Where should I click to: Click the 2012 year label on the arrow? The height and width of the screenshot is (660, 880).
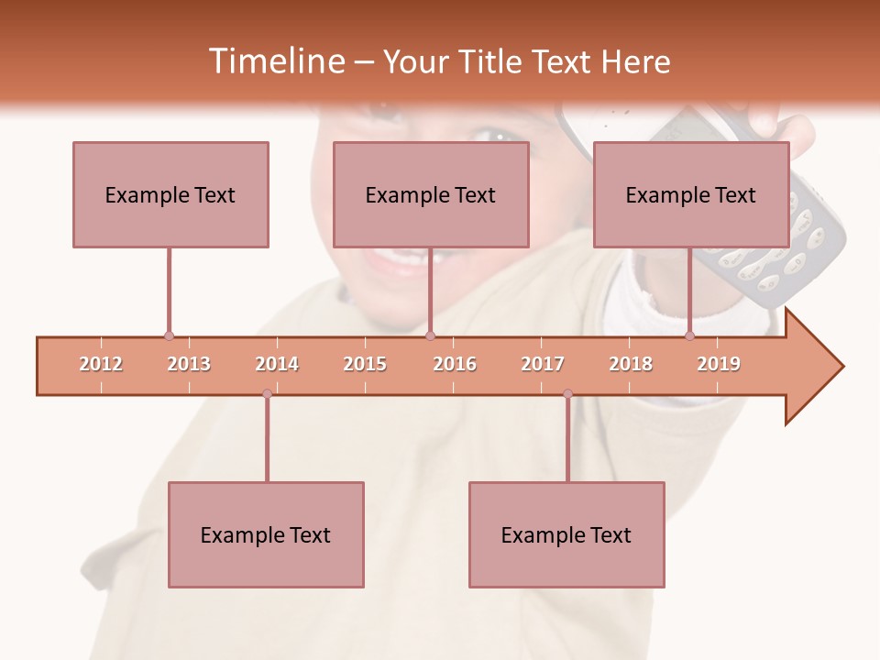point(101,364)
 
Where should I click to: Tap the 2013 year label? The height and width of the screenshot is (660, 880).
point(189,364)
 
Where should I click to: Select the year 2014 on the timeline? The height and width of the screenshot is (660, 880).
point(277,364)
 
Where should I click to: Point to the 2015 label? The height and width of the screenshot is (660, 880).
point(365,364)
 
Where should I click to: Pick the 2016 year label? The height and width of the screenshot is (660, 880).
point(455,364)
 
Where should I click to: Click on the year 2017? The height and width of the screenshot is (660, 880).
point(543,364)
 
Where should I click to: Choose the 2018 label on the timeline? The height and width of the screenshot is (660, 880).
point(631,364)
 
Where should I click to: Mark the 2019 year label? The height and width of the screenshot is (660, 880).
point(719,364)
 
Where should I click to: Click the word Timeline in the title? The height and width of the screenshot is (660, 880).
point(274,61)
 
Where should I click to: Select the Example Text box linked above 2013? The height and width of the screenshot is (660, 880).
point(170,194)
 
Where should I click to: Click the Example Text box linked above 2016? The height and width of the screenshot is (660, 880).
point(431,194)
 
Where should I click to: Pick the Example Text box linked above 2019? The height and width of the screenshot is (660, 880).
point(691,194)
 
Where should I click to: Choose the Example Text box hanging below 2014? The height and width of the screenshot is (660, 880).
point(266,534)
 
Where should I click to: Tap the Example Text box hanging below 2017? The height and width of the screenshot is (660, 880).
point(566,534)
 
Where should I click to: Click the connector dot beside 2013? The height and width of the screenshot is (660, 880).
point(169,335)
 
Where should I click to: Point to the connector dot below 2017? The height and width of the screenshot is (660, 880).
point(567,394)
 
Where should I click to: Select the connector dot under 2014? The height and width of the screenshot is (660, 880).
point(267,394)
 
